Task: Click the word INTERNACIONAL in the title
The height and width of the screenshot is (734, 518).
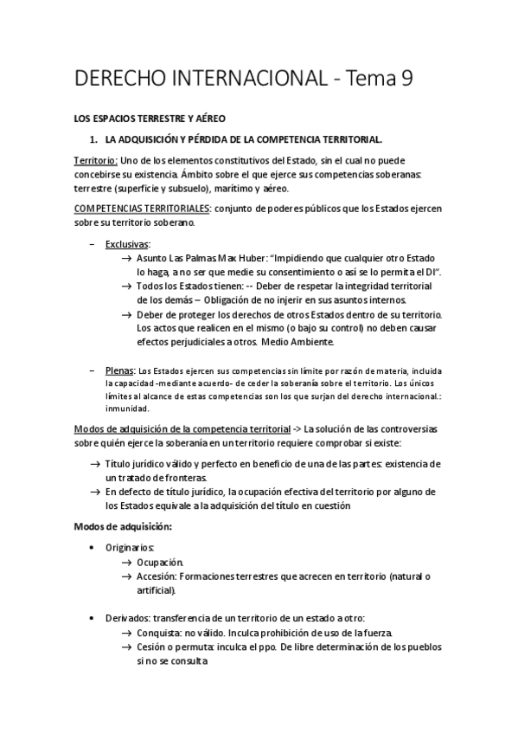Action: click(x=242, y=79)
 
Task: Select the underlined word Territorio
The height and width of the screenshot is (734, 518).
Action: click(x=95, y=161)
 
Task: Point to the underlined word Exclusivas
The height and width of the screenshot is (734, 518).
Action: click(x=126, y=244)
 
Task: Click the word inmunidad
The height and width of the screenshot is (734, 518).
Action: click(x=127, y=409)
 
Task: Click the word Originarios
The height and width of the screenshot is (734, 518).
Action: click(x=131, y=548)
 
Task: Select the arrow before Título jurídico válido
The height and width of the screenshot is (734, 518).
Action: click(x=93, y=465)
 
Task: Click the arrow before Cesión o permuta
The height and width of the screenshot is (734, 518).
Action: click(x=126, y=647)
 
